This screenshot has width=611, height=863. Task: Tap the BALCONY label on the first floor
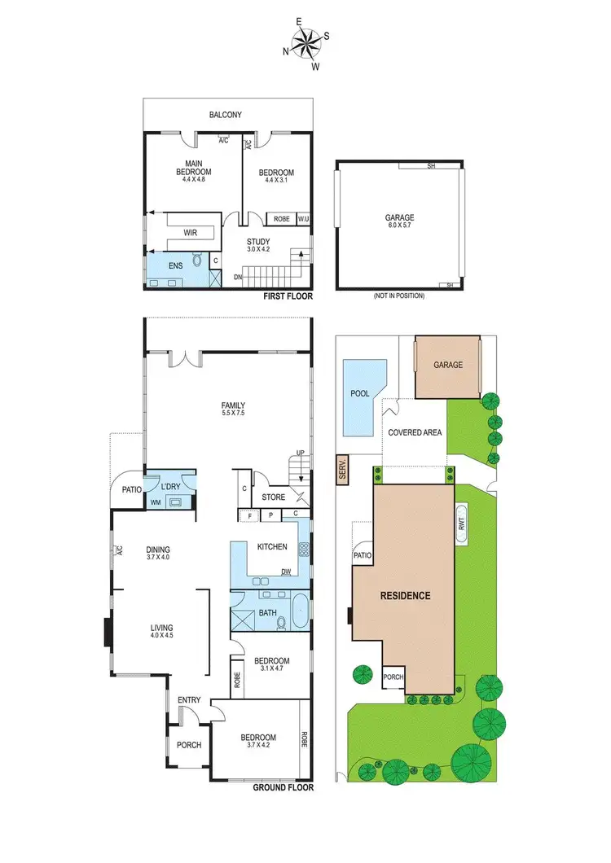(226, 116)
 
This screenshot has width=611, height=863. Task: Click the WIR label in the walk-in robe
(191, 233)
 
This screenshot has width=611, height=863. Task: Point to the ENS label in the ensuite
(176, 265)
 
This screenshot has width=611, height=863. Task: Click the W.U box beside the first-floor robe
(302, 218)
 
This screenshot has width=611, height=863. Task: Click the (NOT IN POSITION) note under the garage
(399, 296)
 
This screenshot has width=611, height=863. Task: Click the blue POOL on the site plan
(360, 396)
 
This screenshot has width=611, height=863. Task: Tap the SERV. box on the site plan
(342, 470)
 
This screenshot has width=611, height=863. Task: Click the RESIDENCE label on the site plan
(405, 595)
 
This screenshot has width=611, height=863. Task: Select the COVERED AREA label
(415, 432)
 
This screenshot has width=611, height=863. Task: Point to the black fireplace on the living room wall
(108, 633)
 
